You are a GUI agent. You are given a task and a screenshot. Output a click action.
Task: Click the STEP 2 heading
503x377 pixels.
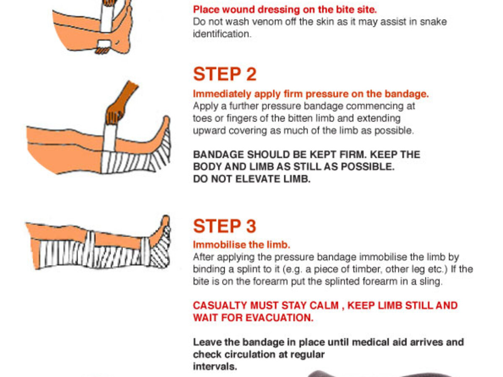225,74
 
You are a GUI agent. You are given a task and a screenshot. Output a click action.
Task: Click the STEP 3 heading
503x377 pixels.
225,226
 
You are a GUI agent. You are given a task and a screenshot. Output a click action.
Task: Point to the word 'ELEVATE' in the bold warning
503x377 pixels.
258,179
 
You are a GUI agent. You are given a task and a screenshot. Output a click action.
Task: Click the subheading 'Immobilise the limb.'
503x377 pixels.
241,245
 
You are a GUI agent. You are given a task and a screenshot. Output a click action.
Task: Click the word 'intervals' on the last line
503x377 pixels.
215,367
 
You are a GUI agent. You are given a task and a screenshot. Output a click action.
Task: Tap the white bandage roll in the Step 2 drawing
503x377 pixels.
109,137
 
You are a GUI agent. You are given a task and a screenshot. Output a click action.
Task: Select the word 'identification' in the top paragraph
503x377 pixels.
222,34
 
